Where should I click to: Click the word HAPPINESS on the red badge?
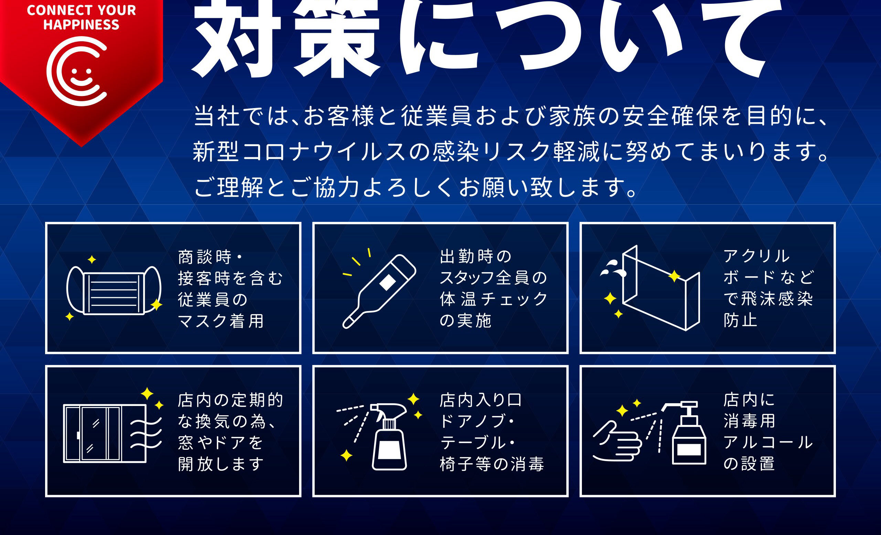tap(81, 25)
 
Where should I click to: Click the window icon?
tap(104, 434)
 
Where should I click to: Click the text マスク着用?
tap(221, 321)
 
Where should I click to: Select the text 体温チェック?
tap(493, 299)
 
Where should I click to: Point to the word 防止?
tap(741, 320)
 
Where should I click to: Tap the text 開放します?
tap(221, 464)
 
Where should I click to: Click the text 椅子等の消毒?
tap(492, 464)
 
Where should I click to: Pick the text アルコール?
tap(768, 442)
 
